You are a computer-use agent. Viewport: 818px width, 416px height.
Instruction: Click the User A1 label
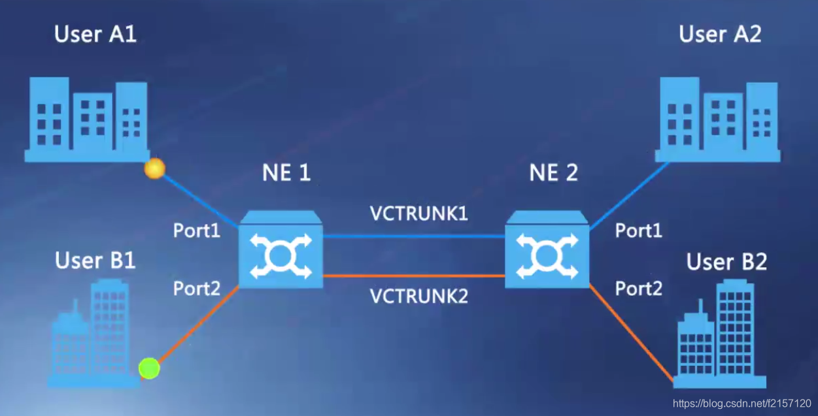click(x=95, y=35)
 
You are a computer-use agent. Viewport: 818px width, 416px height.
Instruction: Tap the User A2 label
click(x=720, y=35)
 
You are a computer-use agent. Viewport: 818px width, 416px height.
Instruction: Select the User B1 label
click(x=95, y=261)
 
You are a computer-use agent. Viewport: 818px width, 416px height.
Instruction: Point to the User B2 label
click(x=726, y=263)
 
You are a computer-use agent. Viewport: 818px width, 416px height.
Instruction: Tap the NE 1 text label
click(x=286, y=173)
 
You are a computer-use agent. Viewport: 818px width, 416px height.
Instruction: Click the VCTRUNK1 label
click(x=419, y=214)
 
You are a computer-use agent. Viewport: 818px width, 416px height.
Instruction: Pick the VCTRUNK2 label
click(x=419, y=296)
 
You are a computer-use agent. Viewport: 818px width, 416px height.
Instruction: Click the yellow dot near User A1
click(x=155, y=169)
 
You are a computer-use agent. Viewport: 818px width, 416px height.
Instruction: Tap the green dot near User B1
click(x=149, y=368)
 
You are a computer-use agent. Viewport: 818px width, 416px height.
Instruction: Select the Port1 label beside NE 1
click(x=197, y=231)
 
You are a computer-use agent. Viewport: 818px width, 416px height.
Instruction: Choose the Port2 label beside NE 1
click(x=197, y=288)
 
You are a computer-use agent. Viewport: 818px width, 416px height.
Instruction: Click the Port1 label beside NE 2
click(x=639, y=231)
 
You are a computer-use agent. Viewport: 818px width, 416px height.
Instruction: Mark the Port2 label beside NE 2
click(x=639, y=288)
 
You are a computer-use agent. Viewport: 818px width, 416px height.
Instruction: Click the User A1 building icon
click(x=86, y=120)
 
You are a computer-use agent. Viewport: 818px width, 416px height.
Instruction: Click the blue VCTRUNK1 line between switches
click(x=414, y=236)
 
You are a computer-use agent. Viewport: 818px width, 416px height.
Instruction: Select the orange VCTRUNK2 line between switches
click(x=414, y=276)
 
